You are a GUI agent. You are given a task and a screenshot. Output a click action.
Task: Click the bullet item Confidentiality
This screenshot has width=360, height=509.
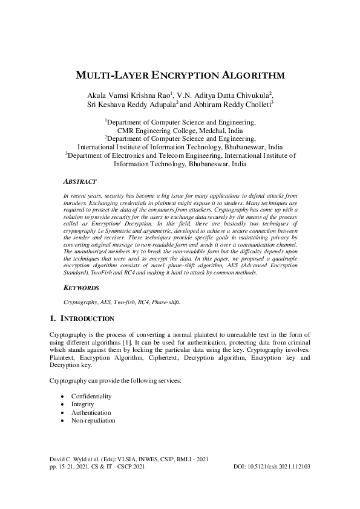click(x=91, y=396)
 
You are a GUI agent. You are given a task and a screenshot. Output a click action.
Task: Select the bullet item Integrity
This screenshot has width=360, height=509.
click(x=83, y=404)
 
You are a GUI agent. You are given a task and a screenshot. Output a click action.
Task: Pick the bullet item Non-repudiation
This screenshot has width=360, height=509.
click(x=93, y=420)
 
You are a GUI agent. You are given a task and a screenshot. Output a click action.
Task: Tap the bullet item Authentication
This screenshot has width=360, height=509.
click(x=91, y=412)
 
